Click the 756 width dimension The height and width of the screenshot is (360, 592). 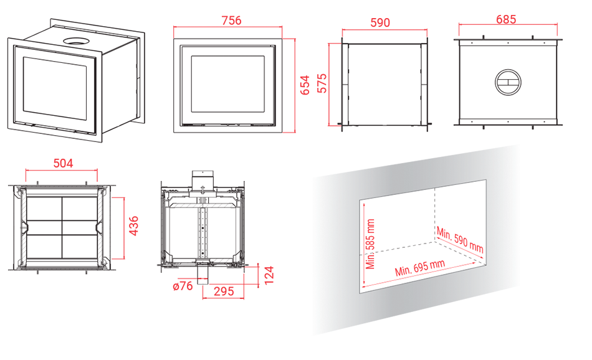[x=231, y=20]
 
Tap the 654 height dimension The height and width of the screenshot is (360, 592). [x=305, y=85]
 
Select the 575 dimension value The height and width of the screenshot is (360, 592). [x=322, y=83]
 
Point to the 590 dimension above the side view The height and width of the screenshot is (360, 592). [x=380, y=22]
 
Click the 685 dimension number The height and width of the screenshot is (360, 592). [x=506, y=19]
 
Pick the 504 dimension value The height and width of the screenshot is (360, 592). [x=63, y=163]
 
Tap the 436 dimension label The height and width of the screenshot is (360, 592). [x=133, y=226]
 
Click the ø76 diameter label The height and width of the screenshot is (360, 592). [x=183, y=286]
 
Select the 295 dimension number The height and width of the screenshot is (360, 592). [x=224, y=291]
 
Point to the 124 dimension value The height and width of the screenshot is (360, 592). [x=269, y=275]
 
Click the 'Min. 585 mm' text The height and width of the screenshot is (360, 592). [x=370, y=244]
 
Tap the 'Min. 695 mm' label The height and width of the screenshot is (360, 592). [x=420, y=268]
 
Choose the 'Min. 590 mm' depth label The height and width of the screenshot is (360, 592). [x=460, y=239]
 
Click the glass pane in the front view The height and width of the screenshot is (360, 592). [x=227, y=84]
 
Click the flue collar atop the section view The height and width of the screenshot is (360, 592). [x=203, y=179]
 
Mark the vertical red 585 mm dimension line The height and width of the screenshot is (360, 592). [x=363, y=244]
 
